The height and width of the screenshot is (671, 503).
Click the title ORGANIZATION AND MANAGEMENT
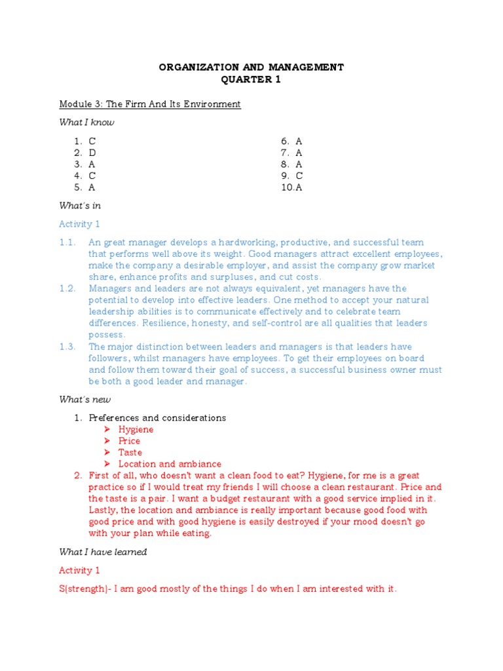pos(251,67)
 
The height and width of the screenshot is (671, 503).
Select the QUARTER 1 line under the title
pos(251,79)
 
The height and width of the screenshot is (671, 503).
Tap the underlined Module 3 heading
pos(150,104)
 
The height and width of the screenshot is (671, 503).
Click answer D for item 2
pos(92,153)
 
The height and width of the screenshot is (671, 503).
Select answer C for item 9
pos(299,176)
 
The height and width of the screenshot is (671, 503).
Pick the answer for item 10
pos(299,187)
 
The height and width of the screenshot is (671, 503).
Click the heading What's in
pos(80,206)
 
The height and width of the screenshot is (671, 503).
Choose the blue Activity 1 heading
pos(79,224)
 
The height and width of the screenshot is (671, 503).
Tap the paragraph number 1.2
pos(67,288)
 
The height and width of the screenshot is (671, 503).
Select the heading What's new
pos(85,400)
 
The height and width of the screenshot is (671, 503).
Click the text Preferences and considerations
pos(157,418)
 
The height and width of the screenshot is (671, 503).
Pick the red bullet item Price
pos(129,441)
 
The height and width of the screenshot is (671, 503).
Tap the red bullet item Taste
pos(130,453)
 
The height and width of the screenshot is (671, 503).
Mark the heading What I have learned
pos(103,552)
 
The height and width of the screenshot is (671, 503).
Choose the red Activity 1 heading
pos(79,571)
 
